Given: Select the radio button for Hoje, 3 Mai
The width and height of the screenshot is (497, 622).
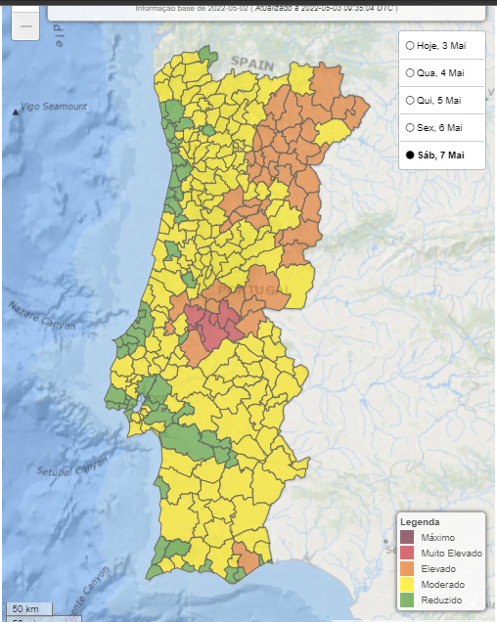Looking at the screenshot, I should click(x=410, y=45).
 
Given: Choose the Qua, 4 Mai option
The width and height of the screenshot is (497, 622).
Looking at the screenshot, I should click(x=410, y=72).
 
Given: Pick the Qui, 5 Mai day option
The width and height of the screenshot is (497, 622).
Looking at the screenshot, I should click(x=410, y=100).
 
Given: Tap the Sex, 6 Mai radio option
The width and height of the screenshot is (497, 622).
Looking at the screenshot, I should click(x=410, y=127).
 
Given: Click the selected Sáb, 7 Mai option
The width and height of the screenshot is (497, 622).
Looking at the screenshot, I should click(x=410, y=155).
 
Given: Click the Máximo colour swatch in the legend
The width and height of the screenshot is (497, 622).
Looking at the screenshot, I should click(x=408, y=538).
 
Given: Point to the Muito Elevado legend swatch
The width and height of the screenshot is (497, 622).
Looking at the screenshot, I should click(x=408, y=554).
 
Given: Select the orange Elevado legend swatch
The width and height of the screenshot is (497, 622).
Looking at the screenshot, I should click(x=408, y=569).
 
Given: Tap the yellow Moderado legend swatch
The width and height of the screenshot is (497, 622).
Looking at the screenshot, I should click(x=408, y=585).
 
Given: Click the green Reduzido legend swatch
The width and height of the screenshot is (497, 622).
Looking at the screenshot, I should click(x=408, y=600).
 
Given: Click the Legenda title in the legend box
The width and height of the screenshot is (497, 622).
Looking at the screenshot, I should click(x=421, y=522).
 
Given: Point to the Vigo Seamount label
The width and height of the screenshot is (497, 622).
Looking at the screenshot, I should click(x=56, y=107).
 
